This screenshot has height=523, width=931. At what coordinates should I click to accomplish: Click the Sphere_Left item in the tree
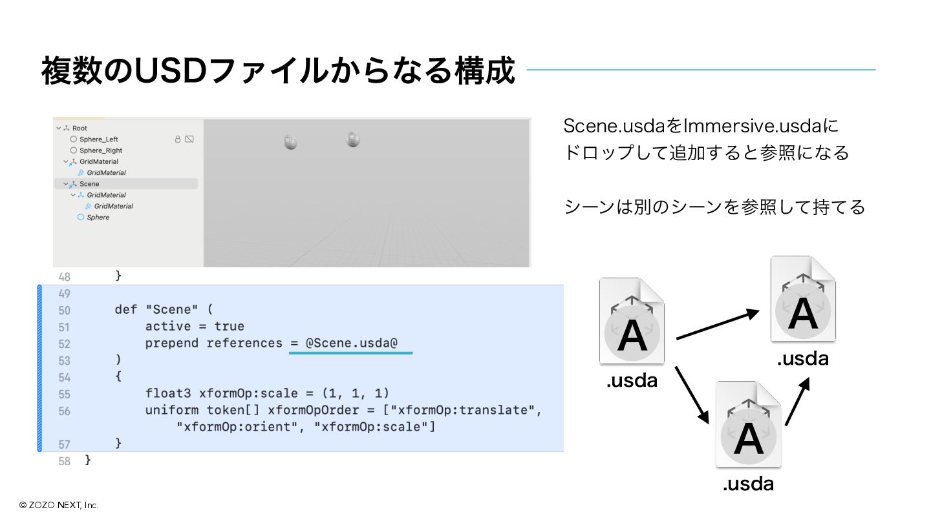click(98, 139)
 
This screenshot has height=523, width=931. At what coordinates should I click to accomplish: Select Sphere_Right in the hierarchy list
click(101, 150)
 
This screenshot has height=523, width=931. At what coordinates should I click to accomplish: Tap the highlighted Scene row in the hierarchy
click(89, 184)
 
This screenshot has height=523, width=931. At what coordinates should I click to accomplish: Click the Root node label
click(80, 128)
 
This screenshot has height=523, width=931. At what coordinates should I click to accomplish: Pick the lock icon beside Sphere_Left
click(178, 139)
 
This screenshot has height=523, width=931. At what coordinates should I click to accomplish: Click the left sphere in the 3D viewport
click(290, 142)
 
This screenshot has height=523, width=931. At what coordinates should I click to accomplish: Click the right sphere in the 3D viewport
click(352, 139)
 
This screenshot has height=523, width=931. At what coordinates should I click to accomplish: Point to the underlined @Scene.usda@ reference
click(351, 343)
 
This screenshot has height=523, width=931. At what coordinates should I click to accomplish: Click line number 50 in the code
click(64, 311)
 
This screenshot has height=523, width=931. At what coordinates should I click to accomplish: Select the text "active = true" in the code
click(195, 326)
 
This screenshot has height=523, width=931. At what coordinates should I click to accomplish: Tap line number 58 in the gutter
click(64, 461)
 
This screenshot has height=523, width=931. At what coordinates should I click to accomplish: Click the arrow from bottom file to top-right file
click(797, 402)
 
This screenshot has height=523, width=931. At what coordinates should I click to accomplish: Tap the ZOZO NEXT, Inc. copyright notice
click(58, 505)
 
